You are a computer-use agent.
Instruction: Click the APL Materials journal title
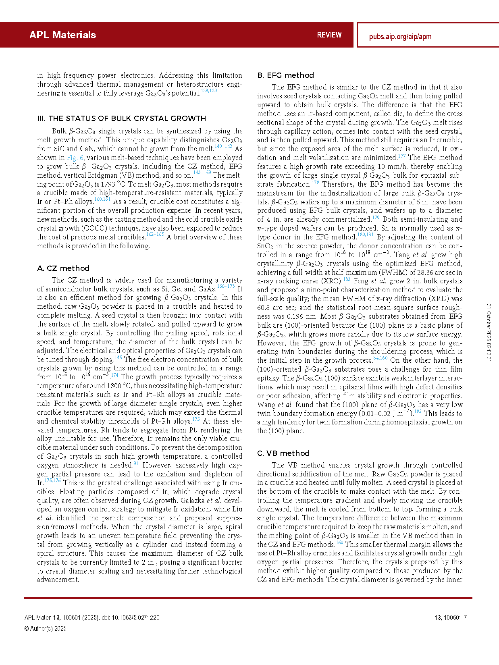click(62, 35)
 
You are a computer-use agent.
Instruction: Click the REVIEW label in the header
click(329, 35)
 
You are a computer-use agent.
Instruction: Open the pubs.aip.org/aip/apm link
click(400, 37)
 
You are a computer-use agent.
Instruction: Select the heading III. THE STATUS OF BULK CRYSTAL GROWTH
click(121, 118)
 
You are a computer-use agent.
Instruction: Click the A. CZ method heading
click(63, 268)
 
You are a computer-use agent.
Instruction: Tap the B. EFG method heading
click(285, 75)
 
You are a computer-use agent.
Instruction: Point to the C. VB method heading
click(283, 453)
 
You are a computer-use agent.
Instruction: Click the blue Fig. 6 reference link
click(75, 158)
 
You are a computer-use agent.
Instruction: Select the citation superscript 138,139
click(209, 91)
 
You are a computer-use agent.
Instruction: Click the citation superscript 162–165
click(155, 234)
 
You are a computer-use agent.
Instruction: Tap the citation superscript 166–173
click(225, 286)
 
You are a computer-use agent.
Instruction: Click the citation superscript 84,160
click(380, 358)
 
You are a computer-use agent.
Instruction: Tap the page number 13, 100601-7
click(450, 617)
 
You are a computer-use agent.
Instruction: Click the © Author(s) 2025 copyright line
click(45, 628)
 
